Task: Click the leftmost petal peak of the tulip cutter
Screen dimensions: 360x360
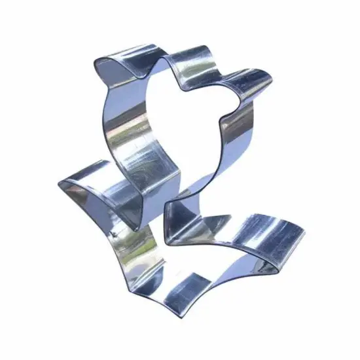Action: [98, 59]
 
